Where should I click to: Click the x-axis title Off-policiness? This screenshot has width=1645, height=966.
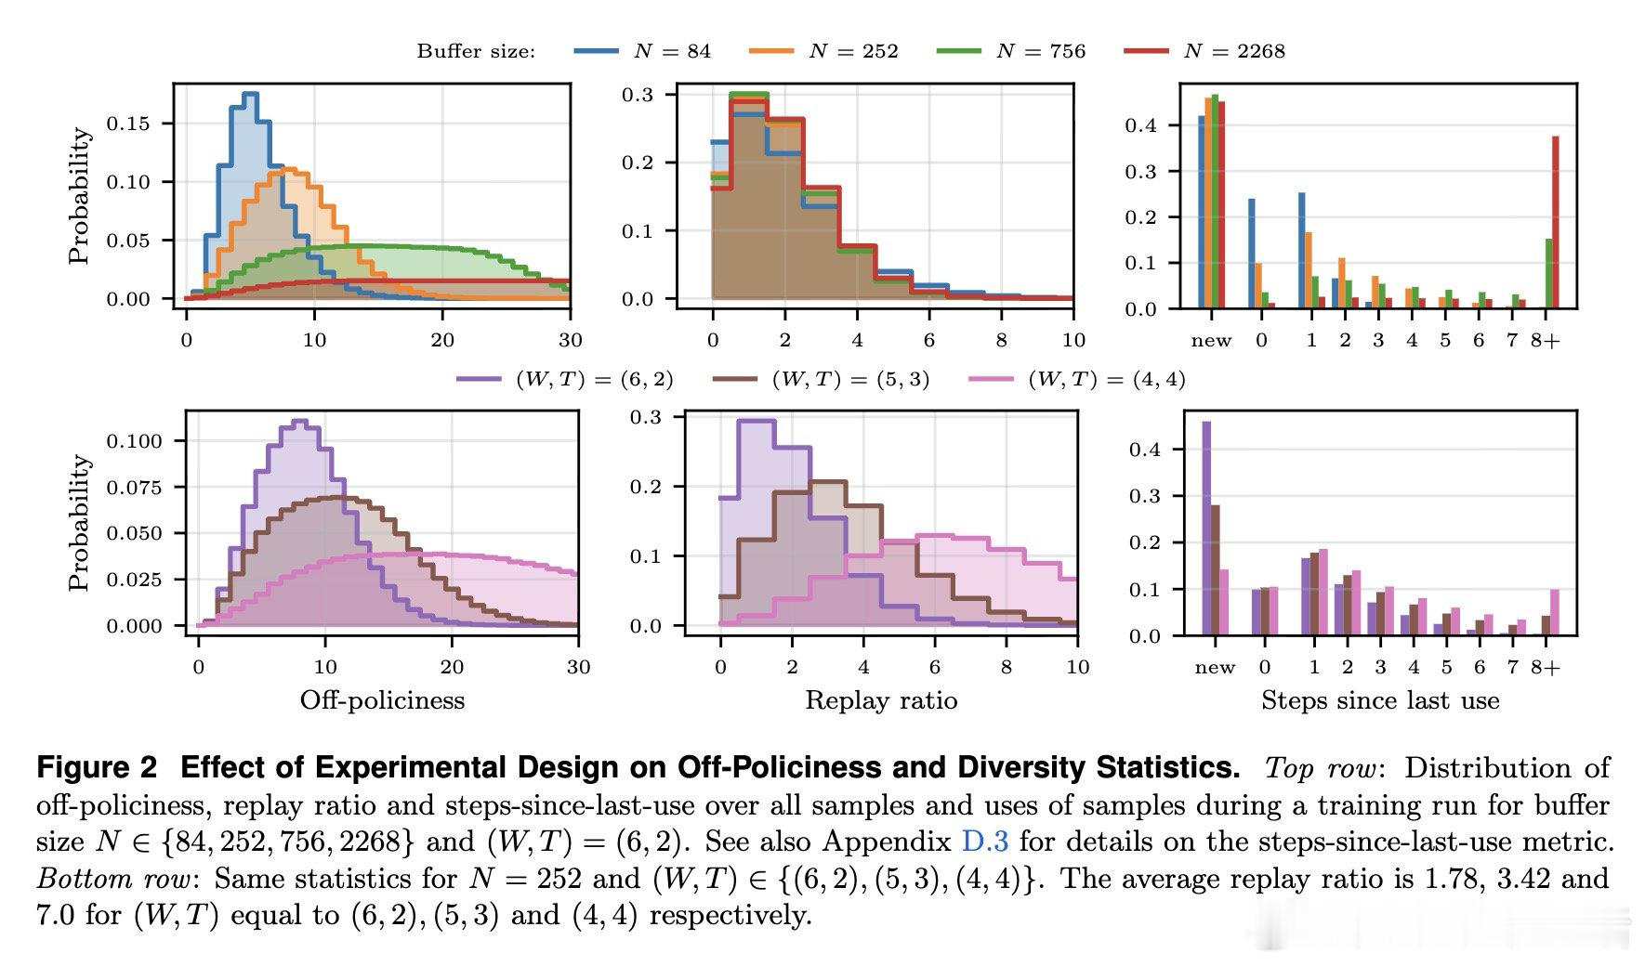click(x=382, y=700)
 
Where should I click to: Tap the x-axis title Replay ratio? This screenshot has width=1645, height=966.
click(x=881, y=700)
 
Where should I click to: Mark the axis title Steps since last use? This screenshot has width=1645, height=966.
click(x=1380, y=700)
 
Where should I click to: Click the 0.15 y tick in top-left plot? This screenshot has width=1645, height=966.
click(x=126, y=124)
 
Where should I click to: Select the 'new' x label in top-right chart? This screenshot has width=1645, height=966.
click(x=1211, y=341)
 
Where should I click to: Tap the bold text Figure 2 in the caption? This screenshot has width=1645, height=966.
click(x=97, y=768)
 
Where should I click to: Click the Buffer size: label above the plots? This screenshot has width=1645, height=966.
click(x=476, y=52)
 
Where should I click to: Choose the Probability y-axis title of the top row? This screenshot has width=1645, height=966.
click(x=81, y=196)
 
